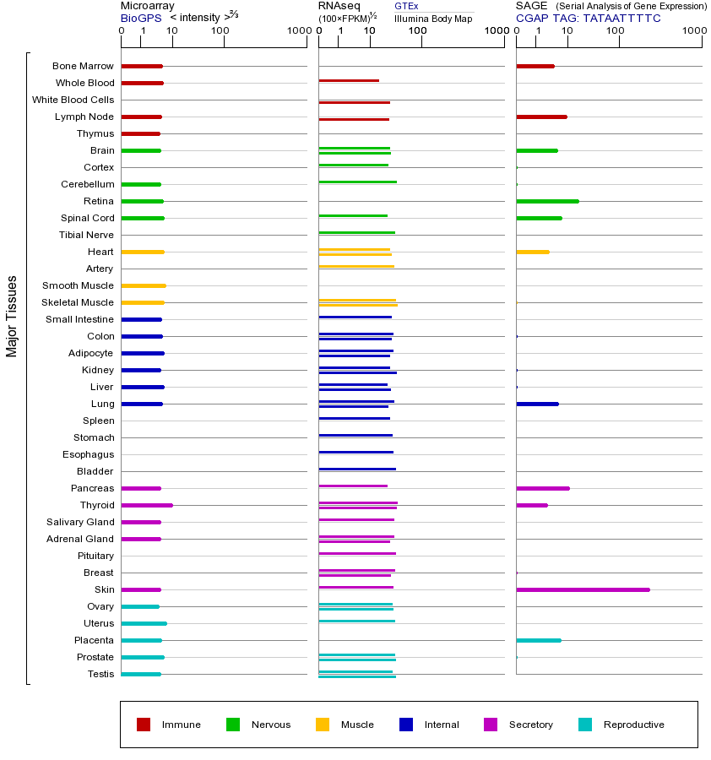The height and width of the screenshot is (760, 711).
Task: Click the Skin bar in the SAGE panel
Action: click(583, 589)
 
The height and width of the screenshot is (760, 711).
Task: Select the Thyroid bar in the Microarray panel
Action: click(147, 505)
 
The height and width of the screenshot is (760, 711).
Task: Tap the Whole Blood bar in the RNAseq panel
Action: click(349, 80)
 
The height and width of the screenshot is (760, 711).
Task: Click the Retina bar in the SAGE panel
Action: click(547, 201)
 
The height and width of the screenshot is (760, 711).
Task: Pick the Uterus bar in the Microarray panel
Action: click(144, 623)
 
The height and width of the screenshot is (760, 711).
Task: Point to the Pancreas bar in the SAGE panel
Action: click(542, 488)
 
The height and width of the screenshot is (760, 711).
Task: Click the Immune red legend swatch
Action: click(144, 725)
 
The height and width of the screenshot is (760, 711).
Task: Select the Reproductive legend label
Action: click(633, 725)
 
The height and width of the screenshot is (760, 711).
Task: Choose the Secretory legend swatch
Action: click(491, 725)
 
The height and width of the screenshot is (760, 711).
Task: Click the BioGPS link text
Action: click(140, 18)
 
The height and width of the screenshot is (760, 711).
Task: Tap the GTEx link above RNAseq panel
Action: click(406, 6)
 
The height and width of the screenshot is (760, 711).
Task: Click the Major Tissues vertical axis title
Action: click(12, 315)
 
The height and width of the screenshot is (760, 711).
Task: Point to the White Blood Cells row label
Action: click(73, 100)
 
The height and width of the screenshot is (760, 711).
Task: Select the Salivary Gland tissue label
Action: click(80, 522)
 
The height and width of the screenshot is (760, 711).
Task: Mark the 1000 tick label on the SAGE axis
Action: click(692, 31)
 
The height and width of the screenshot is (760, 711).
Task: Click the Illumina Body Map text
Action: click(433, 19)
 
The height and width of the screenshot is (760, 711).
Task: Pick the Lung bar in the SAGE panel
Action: click(537, 404)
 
